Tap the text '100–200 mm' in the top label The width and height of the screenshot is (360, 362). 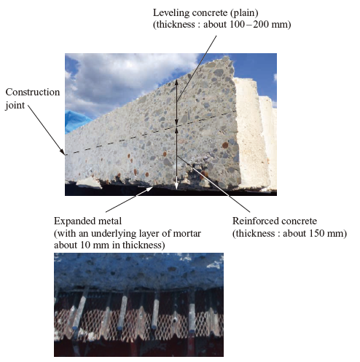point(259,24)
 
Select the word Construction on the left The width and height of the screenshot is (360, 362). point(33,92)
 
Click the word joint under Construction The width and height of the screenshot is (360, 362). point(15,106)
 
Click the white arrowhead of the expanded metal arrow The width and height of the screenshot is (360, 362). point(149,189)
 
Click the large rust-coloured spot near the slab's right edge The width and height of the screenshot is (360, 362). point(225,145)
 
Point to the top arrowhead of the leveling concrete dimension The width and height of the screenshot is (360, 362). point(176,82)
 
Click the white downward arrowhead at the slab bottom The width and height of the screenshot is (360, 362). point(176,186)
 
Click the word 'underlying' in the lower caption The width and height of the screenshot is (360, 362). point(113,234)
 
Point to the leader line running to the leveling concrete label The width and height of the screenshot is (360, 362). point(197,68)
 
